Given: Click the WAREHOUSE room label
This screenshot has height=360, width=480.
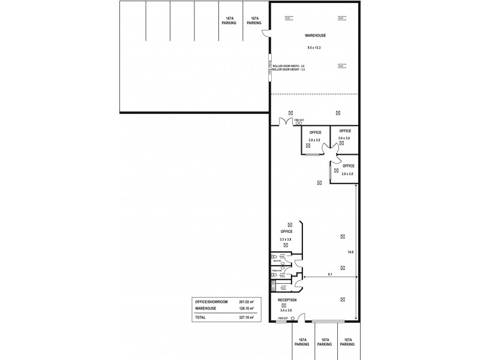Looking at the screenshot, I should pyautogui.click(x=314, y=35).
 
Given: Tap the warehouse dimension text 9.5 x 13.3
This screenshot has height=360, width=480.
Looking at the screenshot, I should pyautogui.click(x=314, y=47).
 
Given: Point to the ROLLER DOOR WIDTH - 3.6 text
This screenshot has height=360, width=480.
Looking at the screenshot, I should pyautogui.click(x=289, y=66).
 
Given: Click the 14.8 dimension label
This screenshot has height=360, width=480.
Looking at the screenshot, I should pyautogui.click(x=351, y=252).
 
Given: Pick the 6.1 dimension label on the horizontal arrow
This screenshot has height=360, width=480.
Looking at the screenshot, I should pyautogui.click(x=330, y=274).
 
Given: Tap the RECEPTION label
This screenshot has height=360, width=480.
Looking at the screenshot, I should pyautogui.click(x=287, y=299).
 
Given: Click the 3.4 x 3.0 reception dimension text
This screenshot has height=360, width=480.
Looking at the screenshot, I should pyautogui.click(x=286, y=310).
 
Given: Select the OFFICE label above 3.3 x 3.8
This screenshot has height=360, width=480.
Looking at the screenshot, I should pyautogui.click(x=286, y=231).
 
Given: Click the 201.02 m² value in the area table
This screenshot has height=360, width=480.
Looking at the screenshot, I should pyautogui.click(x=247, y=302).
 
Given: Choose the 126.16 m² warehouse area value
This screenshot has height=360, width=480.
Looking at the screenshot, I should pyautogui.click(x=247, y=308).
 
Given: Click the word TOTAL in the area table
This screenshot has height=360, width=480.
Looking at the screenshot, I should pyautogui.click(x=200, y=317).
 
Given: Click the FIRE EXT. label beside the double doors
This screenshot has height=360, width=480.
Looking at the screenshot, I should pyautogui.click(x=299, y=120).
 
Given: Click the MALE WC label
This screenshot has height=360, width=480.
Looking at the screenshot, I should pyautogui.click(x=277, y=261).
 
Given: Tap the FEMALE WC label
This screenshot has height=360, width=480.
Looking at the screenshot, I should pyautogui.click(x=277, y=271).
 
